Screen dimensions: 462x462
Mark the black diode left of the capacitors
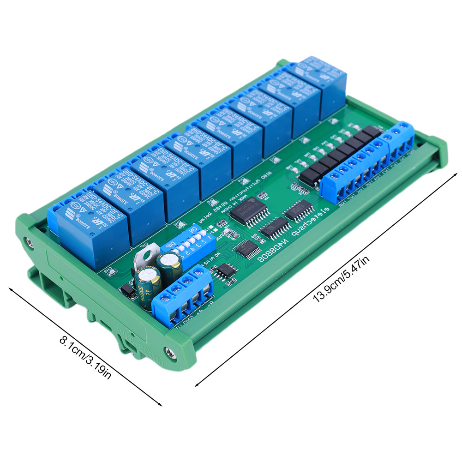[x=125, y=291]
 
